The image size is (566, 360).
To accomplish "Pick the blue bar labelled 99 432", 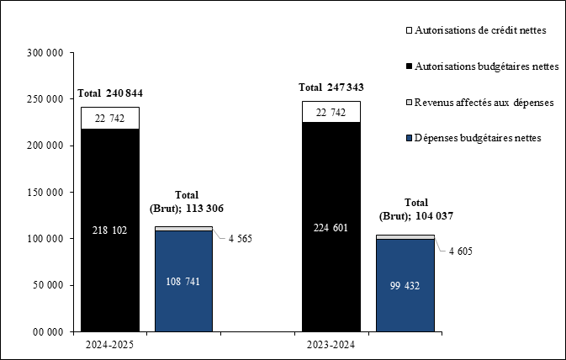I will click(405, 286).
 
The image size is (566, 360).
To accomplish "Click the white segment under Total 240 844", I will click(110, 119).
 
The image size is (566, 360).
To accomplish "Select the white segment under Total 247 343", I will click(331, 113).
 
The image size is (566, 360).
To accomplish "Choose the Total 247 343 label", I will click(331, 87).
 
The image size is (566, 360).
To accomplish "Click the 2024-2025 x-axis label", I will click(110, 345).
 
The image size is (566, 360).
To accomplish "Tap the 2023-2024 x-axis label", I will click(331, 345).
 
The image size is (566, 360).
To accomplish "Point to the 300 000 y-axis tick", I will click(45, 53).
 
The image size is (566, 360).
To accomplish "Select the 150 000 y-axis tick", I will click(45, 193).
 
